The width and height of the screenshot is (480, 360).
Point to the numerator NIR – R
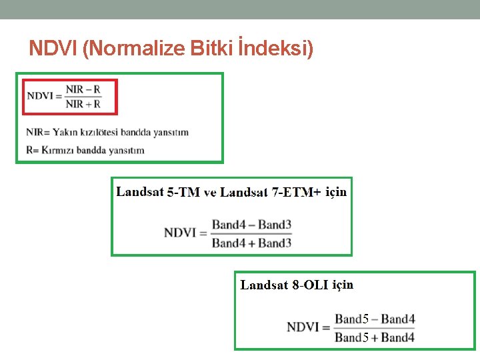[83, 89]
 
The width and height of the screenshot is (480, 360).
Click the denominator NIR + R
[83, 103]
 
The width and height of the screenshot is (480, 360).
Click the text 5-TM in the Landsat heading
[183, 193]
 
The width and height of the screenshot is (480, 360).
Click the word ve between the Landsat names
[210, 193]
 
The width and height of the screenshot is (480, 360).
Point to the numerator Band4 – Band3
[251, 225]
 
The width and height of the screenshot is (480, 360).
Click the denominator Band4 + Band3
[251, 243]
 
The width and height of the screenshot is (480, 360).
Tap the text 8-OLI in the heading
[310, 285]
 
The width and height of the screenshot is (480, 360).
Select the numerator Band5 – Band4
[375, 319]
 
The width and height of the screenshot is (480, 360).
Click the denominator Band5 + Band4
[375, 337]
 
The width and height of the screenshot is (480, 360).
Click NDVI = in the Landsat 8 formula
[308, 327]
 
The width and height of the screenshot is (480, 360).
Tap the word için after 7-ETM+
[336, 192]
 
